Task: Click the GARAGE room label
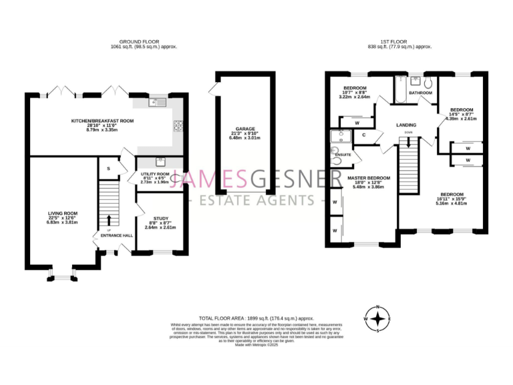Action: (245, 129)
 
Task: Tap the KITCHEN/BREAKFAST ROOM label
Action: (103, 121)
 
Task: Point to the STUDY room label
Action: (160, 218)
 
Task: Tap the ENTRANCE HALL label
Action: (116, 235)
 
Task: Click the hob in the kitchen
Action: (179, 124)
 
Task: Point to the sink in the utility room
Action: (160, 161)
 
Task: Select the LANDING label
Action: (406, 125)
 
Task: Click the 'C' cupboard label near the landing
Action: (363, 135)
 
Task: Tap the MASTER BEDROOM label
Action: (368, 178)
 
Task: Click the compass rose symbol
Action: (378, 318)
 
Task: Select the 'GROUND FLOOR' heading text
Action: (144, 42)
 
